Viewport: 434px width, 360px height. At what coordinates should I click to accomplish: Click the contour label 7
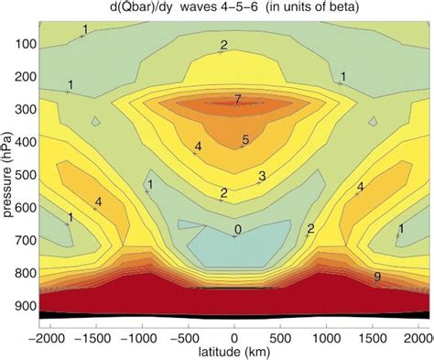coord(237,98)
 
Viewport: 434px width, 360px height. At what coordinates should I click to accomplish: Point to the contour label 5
coord(245,140)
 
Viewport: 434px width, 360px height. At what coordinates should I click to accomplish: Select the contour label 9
coord(378,277)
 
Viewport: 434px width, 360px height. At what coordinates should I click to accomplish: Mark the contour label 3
coord(262,176)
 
